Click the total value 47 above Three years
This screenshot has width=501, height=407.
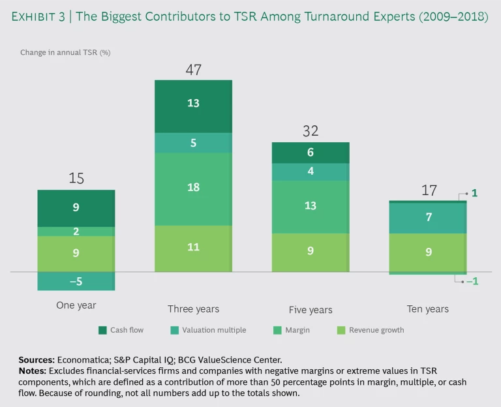193,68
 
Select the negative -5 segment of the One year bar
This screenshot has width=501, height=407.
76,281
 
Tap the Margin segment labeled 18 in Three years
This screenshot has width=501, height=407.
193,188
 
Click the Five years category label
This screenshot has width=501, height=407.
311,310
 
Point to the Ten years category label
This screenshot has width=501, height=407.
427,309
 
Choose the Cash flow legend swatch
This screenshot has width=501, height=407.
102,330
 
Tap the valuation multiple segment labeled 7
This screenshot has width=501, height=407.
427,217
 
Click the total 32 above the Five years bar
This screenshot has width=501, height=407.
311,130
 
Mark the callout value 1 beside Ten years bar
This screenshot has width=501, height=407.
474,194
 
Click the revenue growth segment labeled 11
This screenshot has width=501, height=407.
193,248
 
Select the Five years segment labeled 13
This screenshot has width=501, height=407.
311,206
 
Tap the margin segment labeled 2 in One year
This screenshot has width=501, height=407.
76,232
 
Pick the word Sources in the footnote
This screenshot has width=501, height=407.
35,359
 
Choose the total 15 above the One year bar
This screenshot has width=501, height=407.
76,178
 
